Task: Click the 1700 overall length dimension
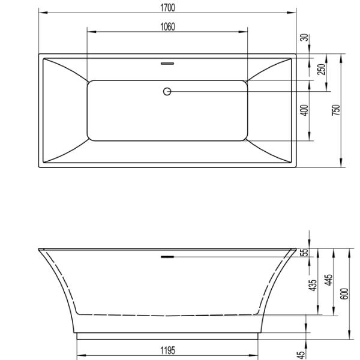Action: click(167, 7)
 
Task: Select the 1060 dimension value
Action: click(167, 26)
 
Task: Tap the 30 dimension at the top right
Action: click(304, 38)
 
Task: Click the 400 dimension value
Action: click(304, 110)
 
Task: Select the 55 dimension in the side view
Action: click(304, 253)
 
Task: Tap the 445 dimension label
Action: click(329, 281)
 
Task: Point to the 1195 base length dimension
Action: click(167, 351)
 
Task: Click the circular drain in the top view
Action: click(167, 91)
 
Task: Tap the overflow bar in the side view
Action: click(167, 256)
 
